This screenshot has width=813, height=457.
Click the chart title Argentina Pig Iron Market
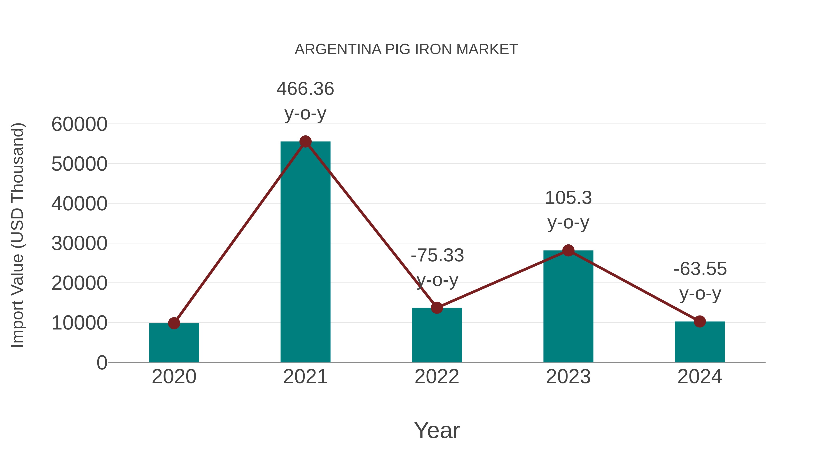[406, 49]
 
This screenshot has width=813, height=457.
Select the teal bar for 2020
[174, 344]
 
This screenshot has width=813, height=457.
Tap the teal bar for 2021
[305, 252]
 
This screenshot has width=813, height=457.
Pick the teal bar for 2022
[437, 336]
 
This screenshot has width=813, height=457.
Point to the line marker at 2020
[174, 323]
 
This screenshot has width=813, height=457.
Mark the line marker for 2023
[568, 251]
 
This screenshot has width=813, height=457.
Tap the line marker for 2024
[700, 322]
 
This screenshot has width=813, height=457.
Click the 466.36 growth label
[305, 89]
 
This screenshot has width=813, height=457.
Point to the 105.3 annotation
[568, 198]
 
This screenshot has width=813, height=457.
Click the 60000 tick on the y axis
[79, 124]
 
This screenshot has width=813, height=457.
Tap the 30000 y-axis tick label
[79, 244]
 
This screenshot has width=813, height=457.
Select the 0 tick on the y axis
[102, 363]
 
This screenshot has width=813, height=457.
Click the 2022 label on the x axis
[437, 377]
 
